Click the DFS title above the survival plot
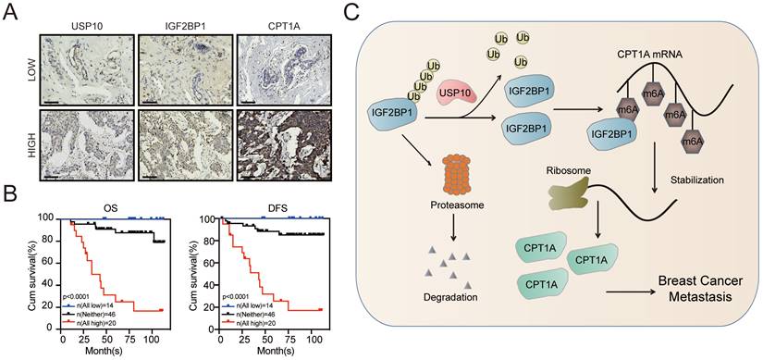click(x=275, y=207)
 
